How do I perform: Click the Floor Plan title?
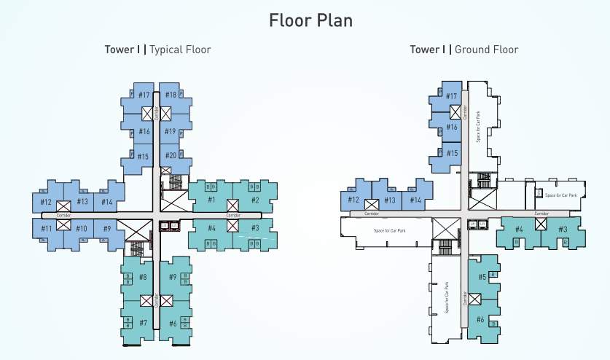[x=310, y=20]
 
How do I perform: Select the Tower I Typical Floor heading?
[x=158, y=50]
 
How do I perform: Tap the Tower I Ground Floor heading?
[x=464, y=50]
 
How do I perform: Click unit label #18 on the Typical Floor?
[x=171, y=95]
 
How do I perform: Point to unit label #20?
[x=171, y=155]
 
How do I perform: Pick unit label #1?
[x=211, y=200]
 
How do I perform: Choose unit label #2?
[x=255, y=200]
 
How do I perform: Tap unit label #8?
[x=143, y=277]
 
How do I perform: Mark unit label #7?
[x=143, y=322]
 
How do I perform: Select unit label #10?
[x=82, y=229]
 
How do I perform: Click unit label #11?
[x=46, y=229]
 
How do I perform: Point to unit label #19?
[x=171, y=132]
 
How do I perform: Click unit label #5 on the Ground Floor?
[x=482, y=277]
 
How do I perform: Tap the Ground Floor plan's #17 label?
[x=452, y=97]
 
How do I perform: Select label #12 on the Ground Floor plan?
[x=353, y=200]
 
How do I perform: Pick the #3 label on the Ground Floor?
[x=563, y=230]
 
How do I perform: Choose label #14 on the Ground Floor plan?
[x=415, y=200]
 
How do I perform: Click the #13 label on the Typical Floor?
[x=82, y=202]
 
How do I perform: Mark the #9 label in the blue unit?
[x=107, y=229]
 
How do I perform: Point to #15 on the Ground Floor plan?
[x=452, y=153]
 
